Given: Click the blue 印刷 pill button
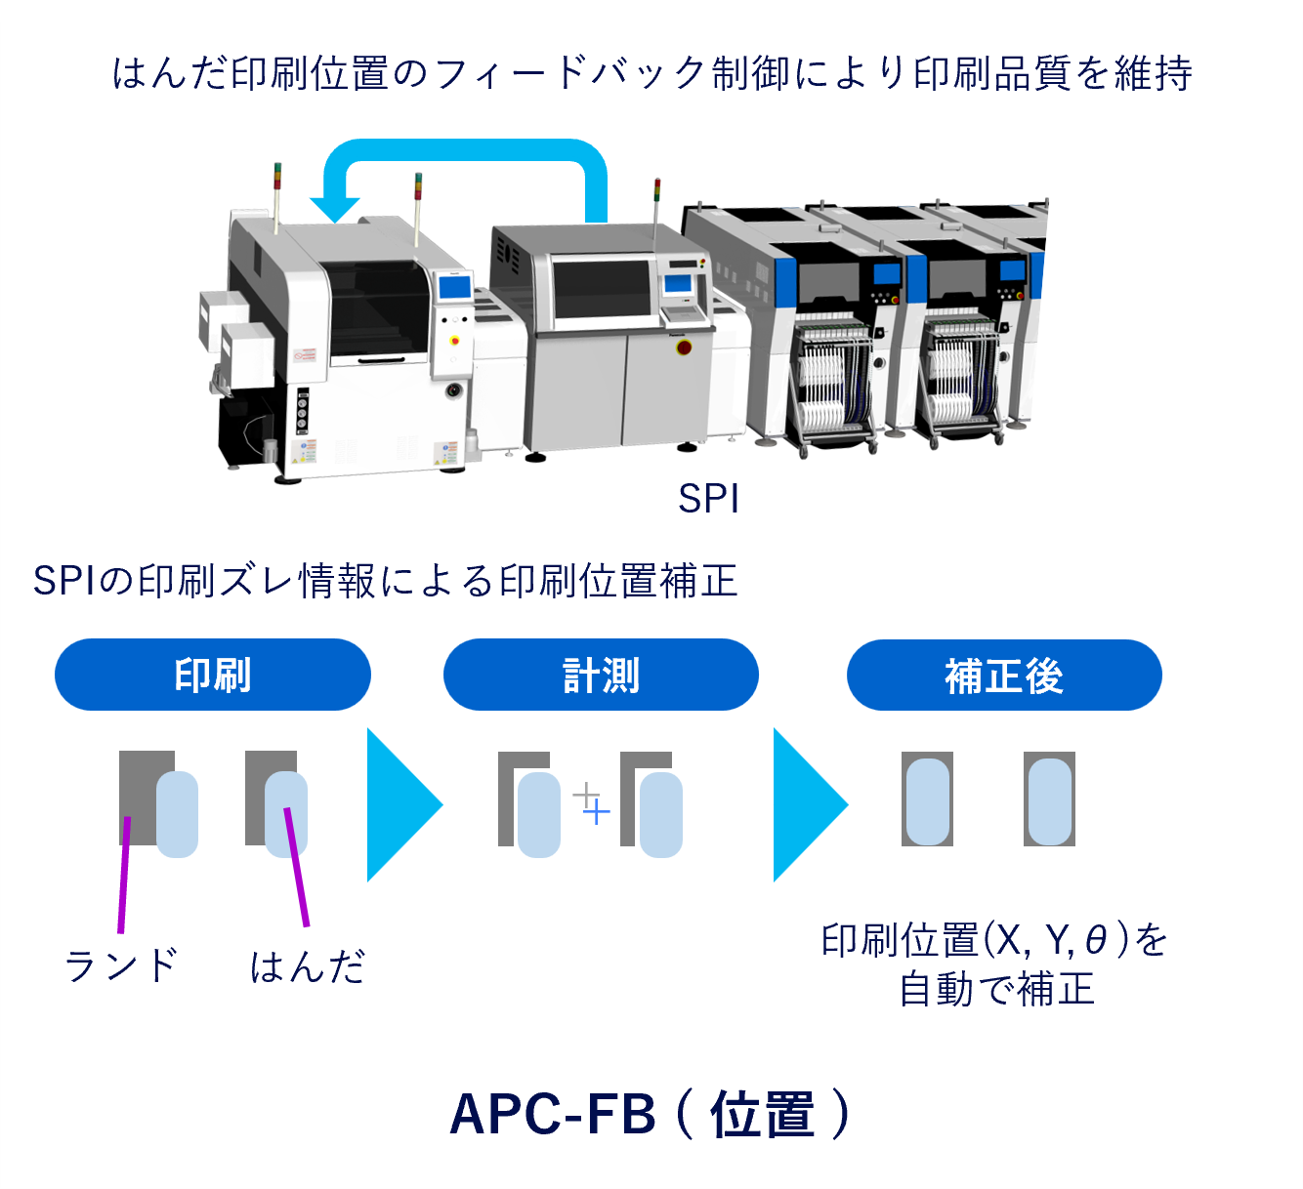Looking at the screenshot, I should [x=213, y=675].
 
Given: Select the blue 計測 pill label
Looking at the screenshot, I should [x=601, y=675].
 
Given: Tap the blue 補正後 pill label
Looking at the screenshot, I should [x=1004, y=676].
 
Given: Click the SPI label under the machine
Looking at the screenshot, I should [x=708, y=499].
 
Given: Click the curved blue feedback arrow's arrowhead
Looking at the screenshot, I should [x=335, y=207].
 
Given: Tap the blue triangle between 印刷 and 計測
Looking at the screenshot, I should [x=400, y=805].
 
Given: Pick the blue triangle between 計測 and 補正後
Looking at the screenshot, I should [x=807, y=805].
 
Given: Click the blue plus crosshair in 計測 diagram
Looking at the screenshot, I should [x=596, y=811].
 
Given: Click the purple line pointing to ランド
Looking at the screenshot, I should [x=124, y=875].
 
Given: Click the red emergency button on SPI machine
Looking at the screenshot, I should [x=684, y=347].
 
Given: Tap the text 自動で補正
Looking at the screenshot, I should [x=996, y=989].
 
